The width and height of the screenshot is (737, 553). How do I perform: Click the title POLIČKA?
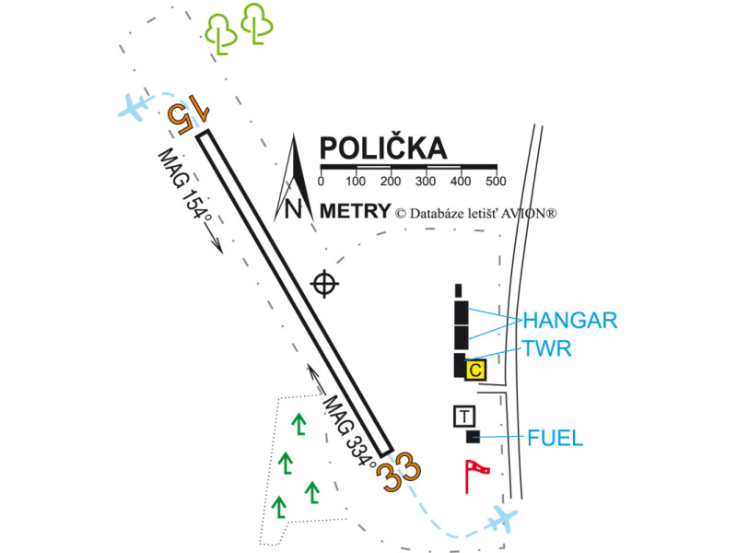pos(381,149)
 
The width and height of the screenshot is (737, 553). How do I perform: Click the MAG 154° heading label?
pos(184,194)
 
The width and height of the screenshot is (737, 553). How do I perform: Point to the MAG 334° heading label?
pos(349,433)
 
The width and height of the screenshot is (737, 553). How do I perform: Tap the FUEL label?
pos(556,438)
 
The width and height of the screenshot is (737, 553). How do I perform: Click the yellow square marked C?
pos(475,370)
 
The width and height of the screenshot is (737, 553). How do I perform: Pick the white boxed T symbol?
pos(464,416)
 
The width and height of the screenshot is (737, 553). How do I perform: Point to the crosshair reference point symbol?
pos(324,284)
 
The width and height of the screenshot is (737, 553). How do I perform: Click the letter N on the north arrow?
pos(294,209)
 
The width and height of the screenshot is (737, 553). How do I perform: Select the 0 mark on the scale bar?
pos(321,180)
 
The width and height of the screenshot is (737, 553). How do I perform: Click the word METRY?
pos(355,211)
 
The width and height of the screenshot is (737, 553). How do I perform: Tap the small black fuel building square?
pos(474,436)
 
